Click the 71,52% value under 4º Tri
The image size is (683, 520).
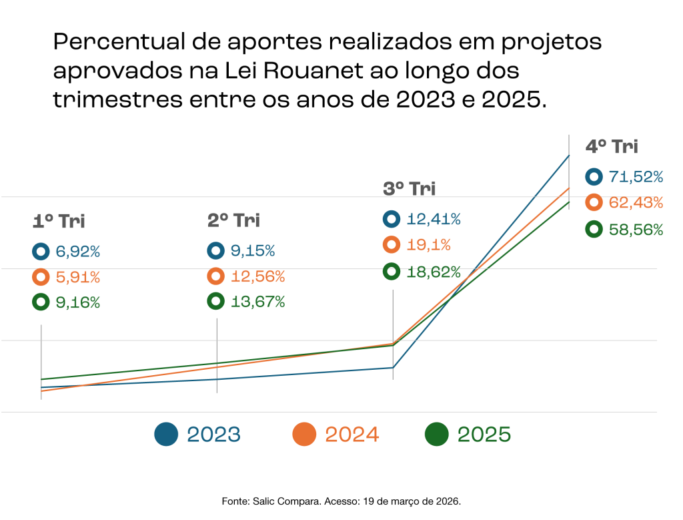[636, 177]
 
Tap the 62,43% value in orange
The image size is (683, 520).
[636, 202]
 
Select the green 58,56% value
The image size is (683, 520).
[636, 230]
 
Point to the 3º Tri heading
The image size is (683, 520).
[409, 189]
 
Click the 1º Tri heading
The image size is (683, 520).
[59, 221]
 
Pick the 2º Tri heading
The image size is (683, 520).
[233, 220]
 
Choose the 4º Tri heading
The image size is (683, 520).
[611, 147]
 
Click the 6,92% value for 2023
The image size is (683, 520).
[78, 252]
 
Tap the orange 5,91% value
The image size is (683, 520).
[78, 277]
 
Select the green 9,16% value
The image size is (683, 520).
[78, 302]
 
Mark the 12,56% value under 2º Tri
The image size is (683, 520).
[257, 276]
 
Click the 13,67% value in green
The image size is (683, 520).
[257, 302]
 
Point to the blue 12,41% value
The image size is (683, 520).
[434, 219]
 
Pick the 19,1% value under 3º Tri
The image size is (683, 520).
[428, 245]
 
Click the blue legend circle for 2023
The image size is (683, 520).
[166, 435]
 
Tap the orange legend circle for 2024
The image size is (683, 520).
[304, 435]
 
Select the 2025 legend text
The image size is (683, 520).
[484, 435]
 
